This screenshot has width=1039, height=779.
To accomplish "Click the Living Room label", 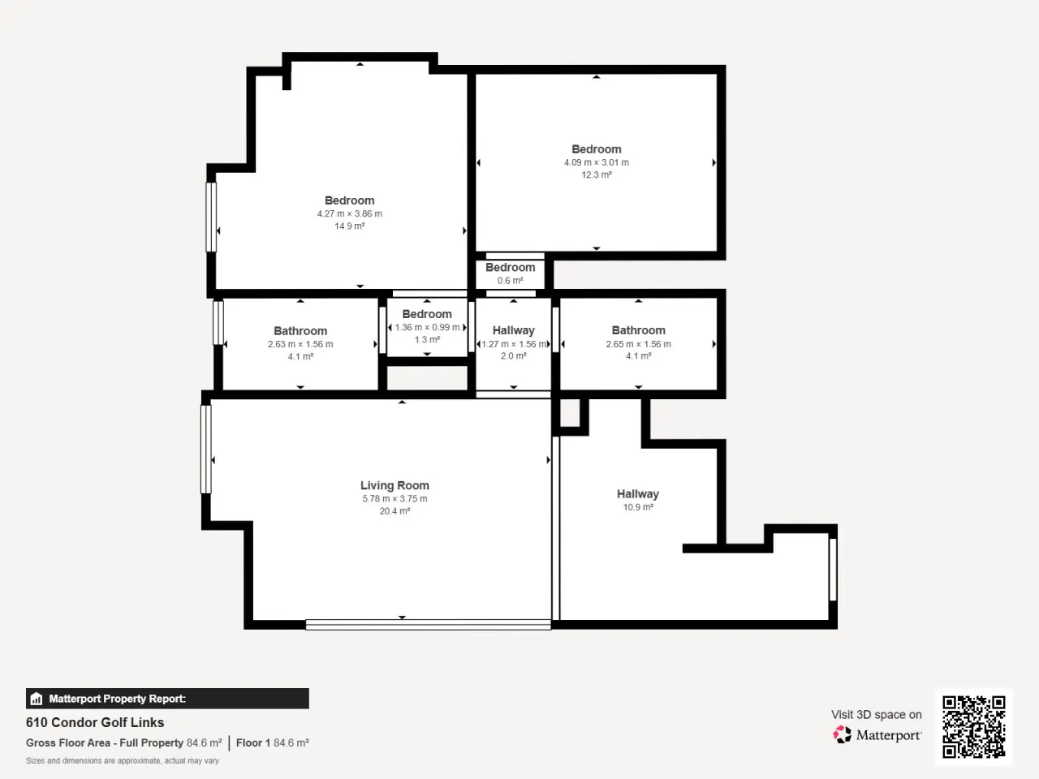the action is [394, 485].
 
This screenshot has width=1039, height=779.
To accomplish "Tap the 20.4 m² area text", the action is [394, 511].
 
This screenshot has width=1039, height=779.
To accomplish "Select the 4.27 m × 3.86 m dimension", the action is [349, 213].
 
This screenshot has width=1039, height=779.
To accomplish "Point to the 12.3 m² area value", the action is [597, 175].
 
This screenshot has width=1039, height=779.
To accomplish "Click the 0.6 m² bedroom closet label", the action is [511, 281].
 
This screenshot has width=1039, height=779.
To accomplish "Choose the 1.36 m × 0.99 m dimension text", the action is [427, 327].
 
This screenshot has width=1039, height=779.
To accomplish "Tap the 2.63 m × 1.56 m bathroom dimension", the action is [300, 344].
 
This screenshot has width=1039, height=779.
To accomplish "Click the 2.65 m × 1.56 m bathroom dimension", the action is [638, 344].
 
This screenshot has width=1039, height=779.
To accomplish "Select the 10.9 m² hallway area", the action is [638, 507].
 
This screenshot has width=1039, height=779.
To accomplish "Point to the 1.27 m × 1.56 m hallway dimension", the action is [514, 344].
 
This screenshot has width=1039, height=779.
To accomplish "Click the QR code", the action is [974, 726].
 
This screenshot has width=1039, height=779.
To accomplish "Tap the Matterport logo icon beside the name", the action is [842, 734].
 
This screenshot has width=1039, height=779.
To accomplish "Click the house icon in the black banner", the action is [37, 699].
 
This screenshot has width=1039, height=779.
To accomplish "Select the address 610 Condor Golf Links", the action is [95, 722].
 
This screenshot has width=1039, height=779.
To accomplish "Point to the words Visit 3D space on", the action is [876, 715].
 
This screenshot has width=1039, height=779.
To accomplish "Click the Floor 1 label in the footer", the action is [252, 742].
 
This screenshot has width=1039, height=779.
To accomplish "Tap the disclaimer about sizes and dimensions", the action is [122, 760].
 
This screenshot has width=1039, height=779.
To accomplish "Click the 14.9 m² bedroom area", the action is [349, 226].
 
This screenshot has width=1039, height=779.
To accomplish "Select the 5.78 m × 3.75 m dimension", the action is [394, 498].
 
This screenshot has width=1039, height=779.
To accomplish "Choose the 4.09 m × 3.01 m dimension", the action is [597, 163].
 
